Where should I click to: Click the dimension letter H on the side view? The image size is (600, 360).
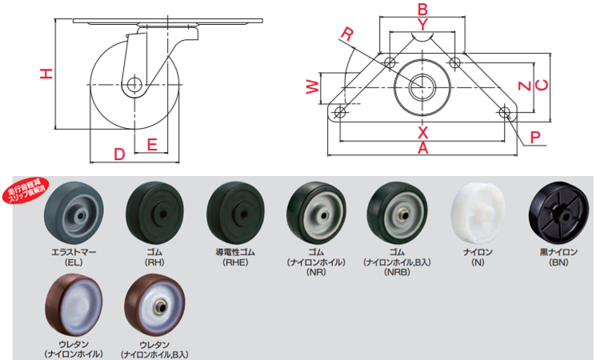46,74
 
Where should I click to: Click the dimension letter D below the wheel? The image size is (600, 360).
119,154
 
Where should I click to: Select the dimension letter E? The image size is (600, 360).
152,146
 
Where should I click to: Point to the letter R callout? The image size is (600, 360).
346,33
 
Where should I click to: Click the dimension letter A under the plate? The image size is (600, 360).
423,147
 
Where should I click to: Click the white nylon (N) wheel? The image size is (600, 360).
478,214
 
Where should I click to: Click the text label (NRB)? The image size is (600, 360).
395,270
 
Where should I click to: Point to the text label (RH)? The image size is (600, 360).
154,260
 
